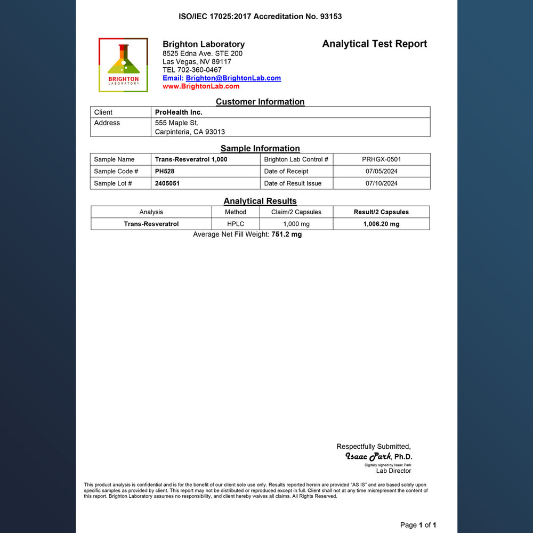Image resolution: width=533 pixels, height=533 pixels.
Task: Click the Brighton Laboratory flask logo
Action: point(123,64)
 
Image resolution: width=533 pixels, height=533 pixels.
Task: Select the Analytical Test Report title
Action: point(374,44)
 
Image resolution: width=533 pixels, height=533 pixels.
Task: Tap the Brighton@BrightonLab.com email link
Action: point(233,78)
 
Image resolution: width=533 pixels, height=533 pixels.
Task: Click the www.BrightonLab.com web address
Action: point(201,86)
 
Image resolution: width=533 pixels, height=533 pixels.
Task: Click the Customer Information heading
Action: point(260,102)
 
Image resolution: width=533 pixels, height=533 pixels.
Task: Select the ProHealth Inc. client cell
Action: point(179,112)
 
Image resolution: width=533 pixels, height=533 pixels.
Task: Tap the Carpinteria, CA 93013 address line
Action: point(190,132)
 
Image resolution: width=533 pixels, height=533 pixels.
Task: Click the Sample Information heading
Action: point(260,149)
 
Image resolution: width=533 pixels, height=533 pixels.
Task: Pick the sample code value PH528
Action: point(165,171)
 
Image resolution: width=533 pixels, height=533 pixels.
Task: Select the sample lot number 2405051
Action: point(168,183)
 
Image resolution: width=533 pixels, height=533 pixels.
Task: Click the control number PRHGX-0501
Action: point(382,159)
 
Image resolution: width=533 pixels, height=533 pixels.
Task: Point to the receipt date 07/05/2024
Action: point(382,171)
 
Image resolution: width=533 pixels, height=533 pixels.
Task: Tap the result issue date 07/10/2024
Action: point(382,183)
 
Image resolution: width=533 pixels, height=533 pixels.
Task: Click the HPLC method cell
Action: point(235,224)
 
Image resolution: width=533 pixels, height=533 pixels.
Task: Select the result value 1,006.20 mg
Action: point(381,224)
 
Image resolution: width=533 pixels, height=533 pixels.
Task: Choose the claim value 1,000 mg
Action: point(296,224)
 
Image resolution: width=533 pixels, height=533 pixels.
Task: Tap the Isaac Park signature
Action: point(369,457)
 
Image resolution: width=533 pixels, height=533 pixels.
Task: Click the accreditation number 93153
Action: point(331,17)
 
